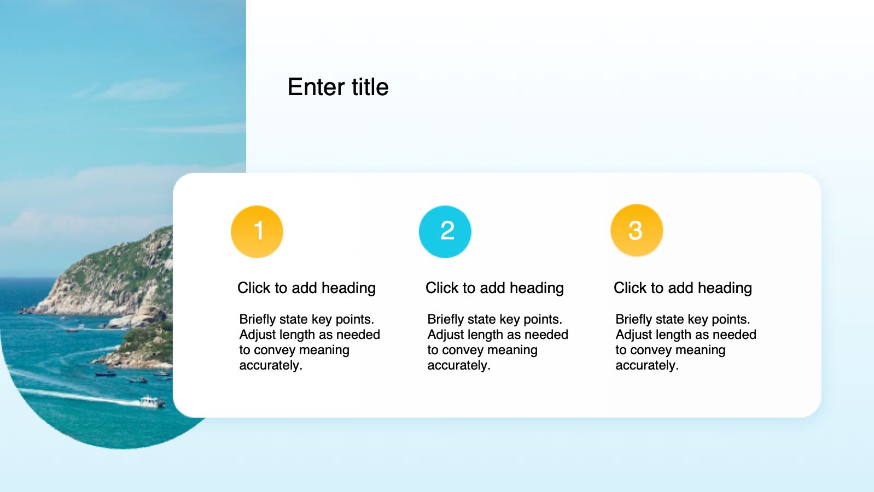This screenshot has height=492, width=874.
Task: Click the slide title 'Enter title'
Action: coord(338,86)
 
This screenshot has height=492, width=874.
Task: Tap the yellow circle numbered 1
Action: coord(257,232)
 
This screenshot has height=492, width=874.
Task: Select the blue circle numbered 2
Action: coord(445,232)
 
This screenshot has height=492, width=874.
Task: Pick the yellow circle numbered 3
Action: coord(637,230)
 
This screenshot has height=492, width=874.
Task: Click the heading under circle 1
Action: coord(307,288)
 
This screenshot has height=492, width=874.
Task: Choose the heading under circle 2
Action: coord(495,288)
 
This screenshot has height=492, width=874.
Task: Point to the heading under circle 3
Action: coord(683,288)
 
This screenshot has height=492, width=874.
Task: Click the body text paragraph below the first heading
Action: coord(310,342)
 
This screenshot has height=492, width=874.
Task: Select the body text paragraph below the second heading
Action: coord(498,342)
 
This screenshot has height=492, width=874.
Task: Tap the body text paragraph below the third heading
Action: coord(685,342)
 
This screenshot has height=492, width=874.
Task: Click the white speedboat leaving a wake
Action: coord(152,402)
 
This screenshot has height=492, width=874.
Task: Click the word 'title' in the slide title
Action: coord(370,86)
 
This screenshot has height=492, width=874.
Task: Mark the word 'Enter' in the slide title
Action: coord(317,86)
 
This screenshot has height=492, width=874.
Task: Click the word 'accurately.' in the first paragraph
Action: coord(271,365)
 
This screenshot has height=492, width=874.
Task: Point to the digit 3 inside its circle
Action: coord(636,230)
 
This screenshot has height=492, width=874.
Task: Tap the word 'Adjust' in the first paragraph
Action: coord(258,335)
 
